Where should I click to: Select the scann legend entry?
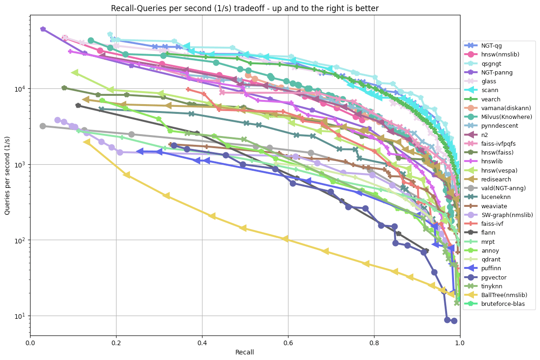pyautogui.click(x=490, y=90)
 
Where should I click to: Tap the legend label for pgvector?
pyautogui.click(x=494, y=277)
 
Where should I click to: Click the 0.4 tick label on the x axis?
pyautogui.click(x=202, y=343)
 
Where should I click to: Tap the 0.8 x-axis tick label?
pyautogui.click(x=374, y=343)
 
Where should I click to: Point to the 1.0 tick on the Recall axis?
pyautogui.click(x=460, y=343)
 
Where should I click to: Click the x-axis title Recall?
pyautogui.click(x=245, y=352)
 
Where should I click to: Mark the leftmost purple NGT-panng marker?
pyautogui.click(x=43, y=29)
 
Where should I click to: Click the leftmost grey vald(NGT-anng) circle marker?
pyautogui.click(x=43, y=126)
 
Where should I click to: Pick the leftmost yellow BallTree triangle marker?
pyautogui.click(x=87, y=142)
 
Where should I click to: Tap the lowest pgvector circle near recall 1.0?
pyautogui.click(x=454, y=321)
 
